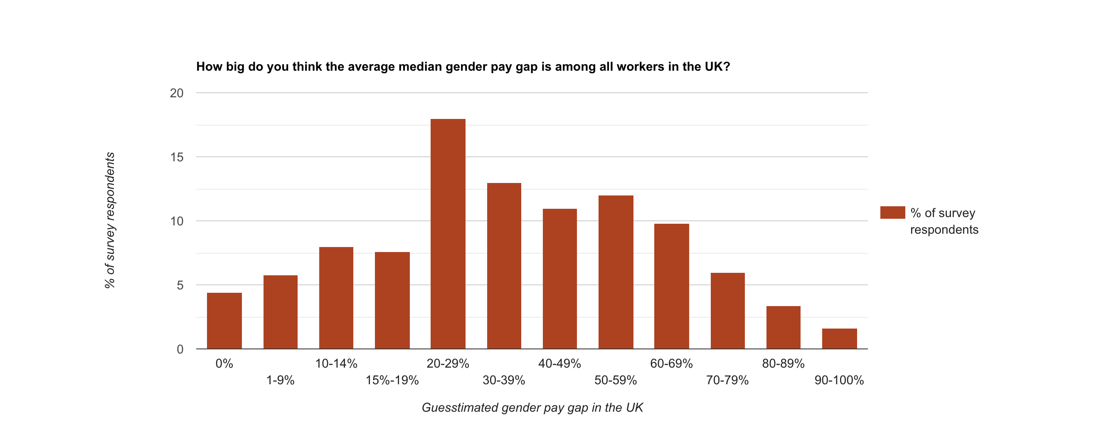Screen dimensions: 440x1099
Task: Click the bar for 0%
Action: click(x=224, y=321)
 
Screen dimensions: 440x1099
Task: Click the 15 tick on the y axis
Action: click(x=177, y=157)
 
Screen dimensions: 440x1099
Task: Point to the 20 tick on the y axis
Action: click(x=177, y=93)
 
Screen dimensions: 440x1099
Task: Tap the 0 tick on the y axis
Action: click(x=180, y=349)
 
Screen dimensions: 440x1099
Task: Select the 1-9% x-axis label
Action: click(x=280, y=380)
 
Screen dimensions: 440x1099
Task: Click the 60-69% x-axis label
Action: click(x=671, y=363)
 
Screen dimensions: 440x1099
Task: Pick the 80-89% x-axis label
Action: click(x=783, y=363)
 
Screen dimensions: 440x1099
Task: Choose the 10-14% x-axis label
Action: click(x=336, y=363)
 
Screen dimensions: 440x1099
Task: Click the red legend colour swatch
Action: click(x=892, y=213)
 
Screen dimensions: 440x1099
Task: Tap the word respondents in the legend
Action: click(x=944, y=230)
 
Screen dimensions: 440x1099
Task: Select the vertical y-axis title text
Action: click(x=110, y=220)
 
